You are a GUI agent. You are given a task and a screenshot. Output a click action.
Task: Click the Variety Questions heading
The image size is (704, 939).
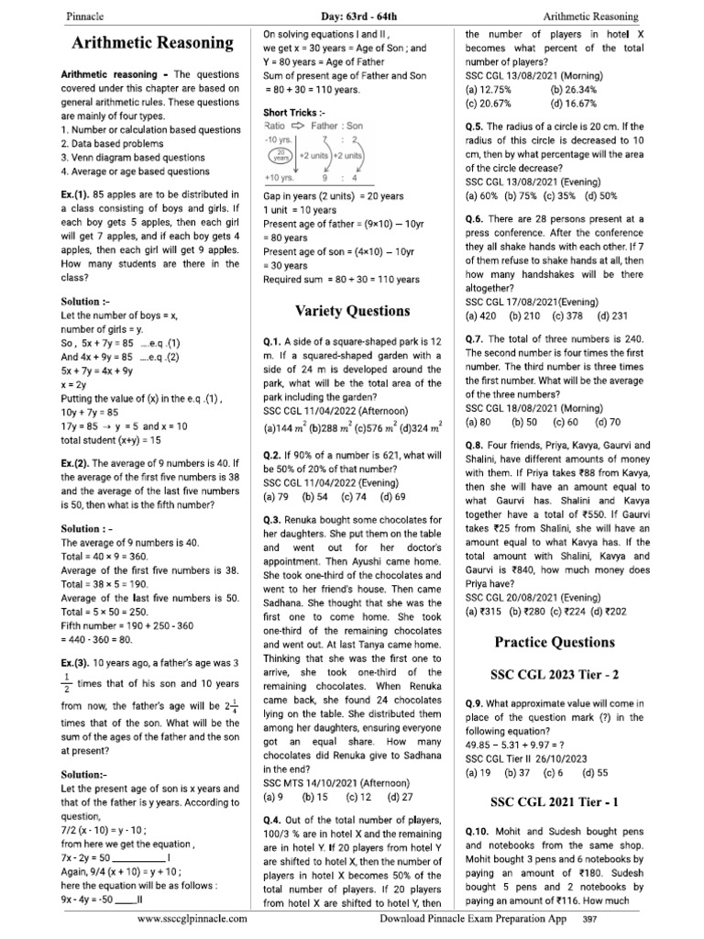(x=352, y=310)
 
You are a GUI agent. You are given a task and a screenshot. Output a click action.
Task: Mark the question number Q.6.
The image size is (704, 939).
(x=475, y=219)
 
